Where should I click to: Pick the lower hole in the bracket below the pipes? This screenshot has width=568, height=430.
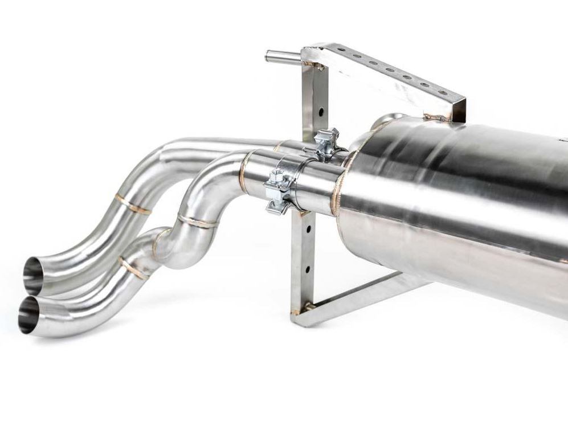tap(308, 268)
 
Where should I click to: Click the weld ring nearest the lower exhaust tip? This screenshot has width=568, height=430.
tap(134, 268)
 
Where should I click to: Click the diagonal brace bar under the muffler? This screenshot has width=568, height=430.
tap(365, 296)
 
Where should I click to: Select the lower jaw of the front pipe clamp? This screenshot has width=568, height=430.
tap(277, 206)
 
